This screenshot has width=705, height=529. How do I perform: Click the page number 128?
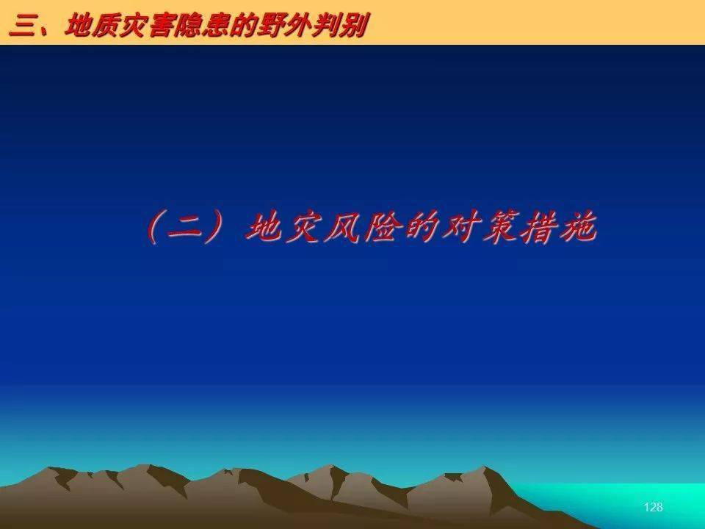pos(653,507)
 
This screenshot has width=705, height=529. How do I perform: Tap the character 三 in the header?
pos(23,26)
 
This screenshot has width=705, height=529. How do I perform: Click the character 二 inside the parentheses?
pos(184,228)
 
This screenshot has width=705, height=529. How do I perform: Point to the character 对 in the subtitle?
pos(462,228)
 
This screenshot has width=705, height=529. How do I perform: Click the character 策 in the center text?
pos(502,228)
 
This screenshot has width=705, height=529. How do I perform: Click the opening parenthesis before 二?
pos(154,228)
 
